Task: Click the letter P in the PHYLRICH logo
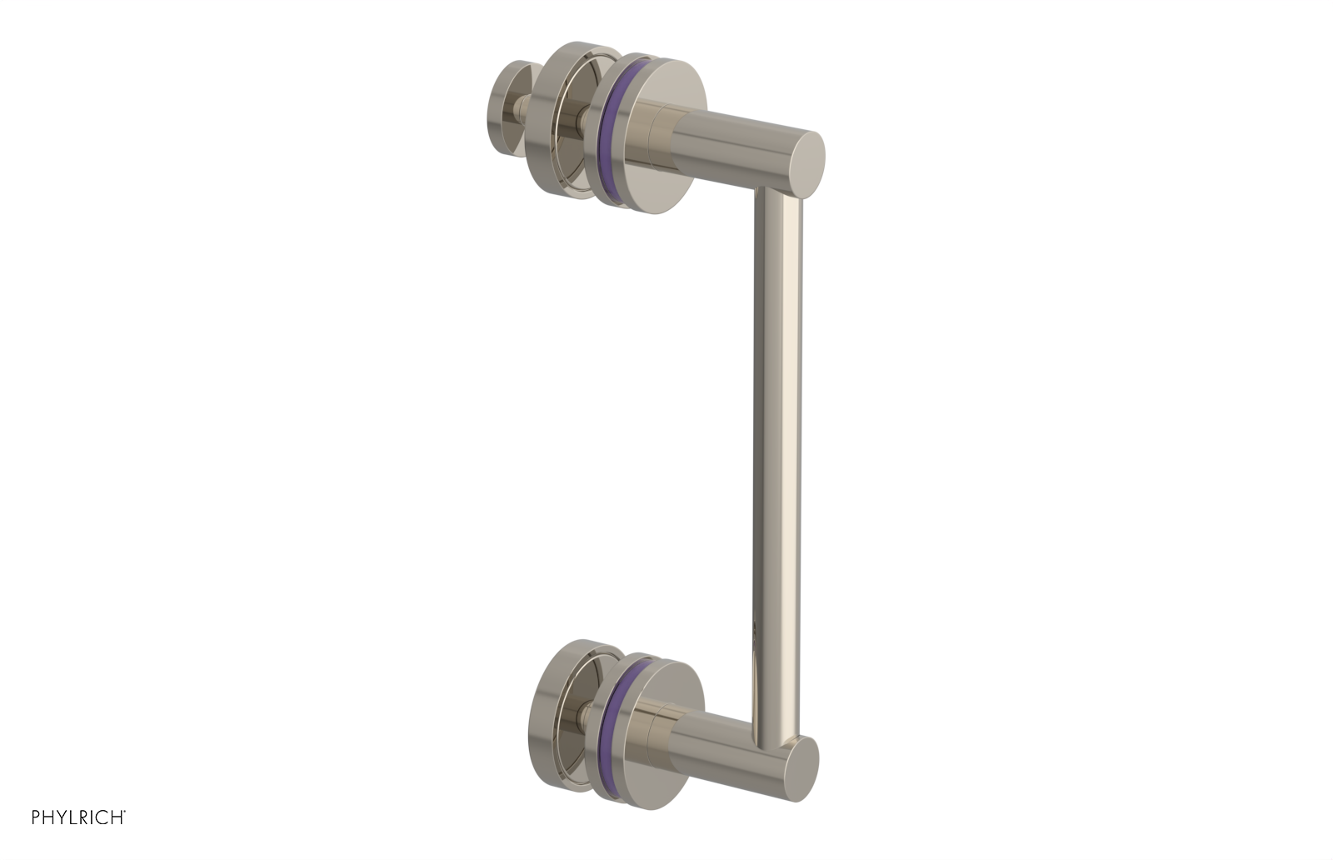pos(36,818)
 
